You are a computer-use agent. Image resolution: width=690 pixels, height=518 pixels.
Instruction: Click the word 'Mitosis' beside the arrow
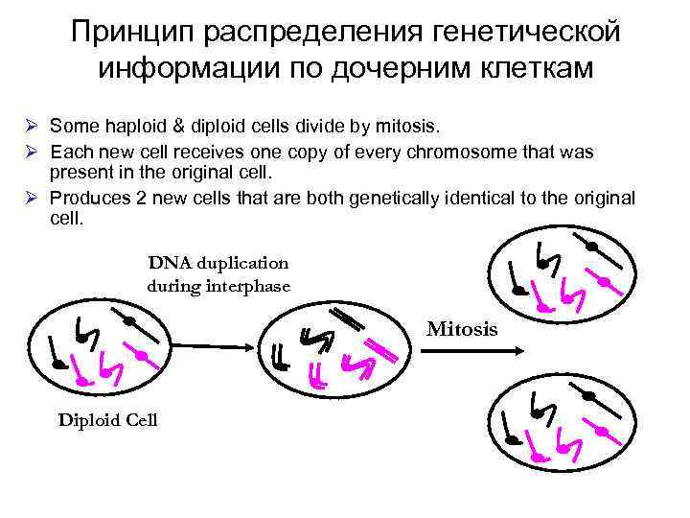[x=462, y=330]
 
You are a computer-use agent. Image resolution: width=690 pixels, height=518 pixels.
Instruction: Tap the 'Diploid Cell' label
[x=108, y=420]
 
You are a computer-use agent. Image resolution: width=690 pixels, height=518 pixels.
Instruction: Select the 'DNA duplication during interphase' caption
[x=218, y=272]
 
